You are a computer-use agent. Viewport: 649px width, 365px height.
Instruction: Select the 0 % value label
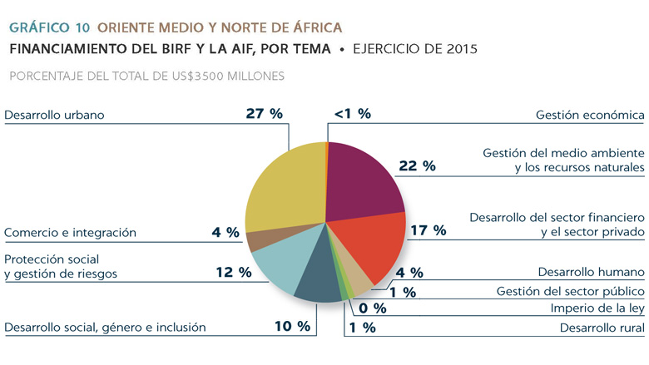(367, 308)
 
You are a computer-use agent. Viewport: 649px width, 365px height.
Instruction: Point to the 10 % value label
(292, 327)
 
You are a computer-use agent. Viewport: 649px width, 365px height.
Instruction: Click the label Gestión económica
(590, 115)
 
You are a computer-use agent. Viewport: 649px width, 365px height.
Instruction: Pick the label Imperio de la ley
(598, 308)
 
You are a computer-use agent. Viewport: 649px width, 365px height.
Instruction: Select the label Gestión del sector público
(570, 291)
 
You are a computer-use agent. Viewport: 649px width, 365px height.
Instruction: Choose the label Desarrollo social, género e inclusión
(105, 328)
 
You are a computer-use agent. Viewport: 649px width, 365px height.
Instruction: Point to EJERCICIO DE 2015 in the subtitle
(414, 49)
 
